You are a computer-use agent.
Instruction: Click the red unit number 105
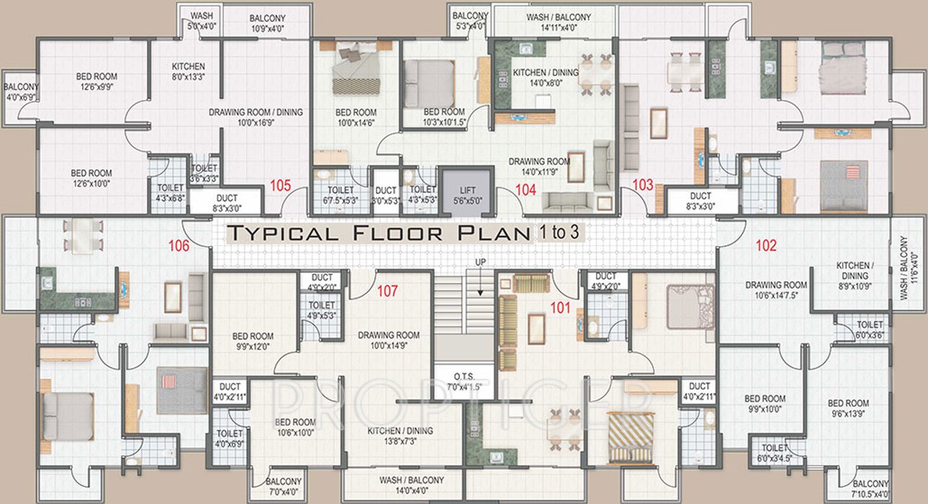pos(280,186)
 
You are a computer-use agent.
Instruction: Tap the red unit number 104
pos(526,190)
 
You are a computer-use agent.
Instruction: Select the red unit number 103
pos(643,186)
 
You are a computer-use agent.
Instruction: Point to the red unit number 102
pos(766,246)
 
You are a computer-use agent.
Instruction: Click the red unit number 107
pos(387,292)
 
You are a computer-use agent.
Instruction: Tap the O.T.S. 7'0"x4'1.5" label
pos(463,381)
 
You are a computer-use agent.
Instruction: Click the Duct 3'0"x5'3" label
pos(386,195)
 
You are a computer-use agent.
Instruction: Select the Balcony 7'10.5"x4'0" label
pos(870,489)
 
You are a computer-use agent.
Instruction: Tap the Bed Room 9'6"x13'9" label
pos(847,408)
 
